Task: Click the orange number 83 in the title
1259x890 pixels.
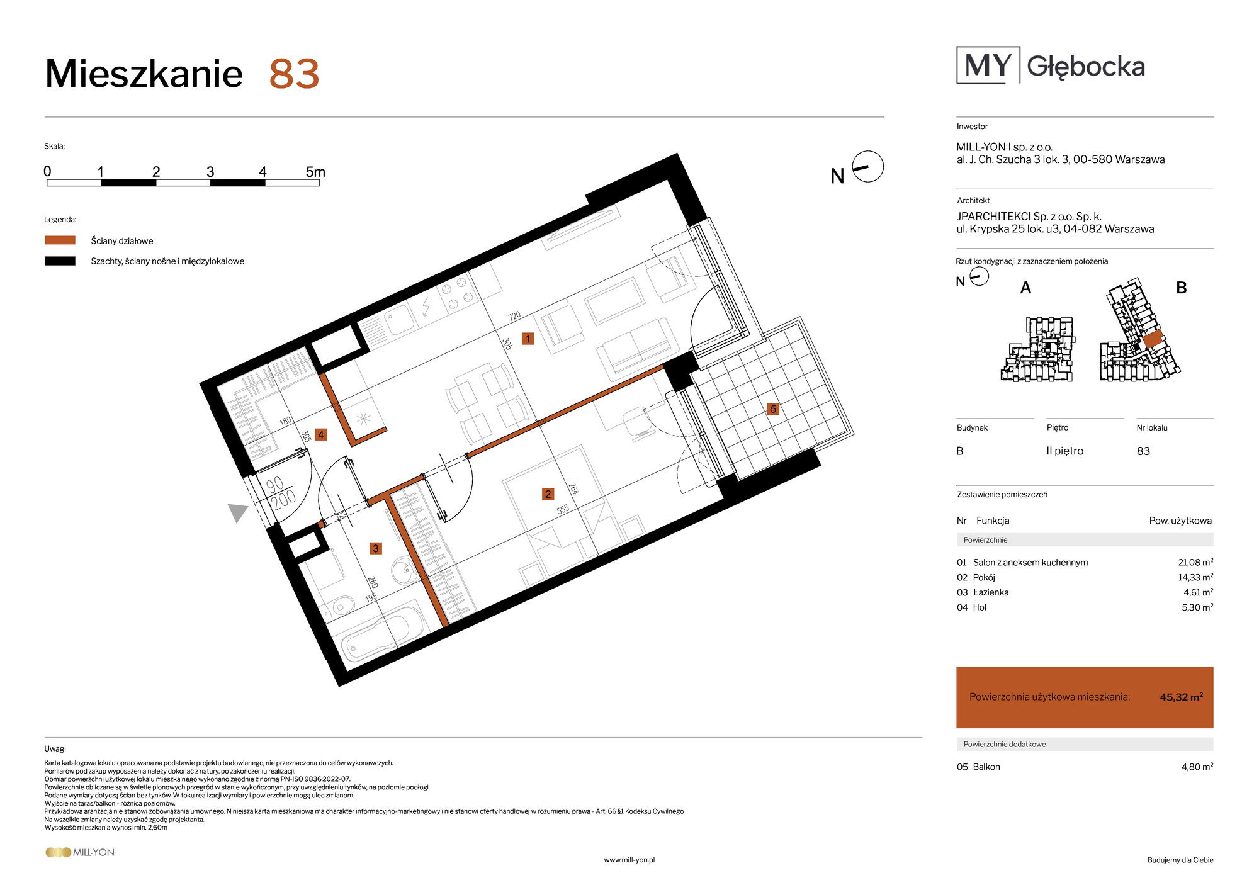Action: pos(294,74)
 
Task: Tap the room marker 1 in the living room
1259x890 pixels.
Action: pos(528,339)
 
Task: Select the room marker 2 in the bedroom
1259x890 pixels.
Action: pos(548,494)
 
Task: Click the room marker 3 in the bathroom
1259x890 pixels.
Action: pos(376,548)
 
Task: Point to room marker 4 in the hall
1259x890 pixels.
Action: pos(321,434)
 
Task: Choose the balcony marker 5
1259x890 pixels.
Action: pos(774,409)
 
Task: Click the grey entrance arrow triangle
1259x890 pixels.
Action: pos(237,512)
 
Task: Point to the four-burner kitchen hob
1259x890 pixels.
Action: pos(456,293)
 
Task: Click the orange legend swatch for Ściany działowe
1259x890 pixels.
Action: pos(60,240)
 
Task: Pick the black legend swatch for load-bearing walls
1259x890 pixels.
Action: pos(60,261)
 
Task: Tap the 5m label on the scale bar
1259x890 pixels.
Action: pos(315,172)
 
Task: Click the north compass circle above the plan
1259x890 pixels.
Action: pos(868,167)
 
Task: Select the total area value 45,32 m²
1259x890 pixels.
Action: pos(1182,697)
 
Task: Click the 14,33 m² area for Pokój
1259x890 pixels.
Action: pos(1195,577)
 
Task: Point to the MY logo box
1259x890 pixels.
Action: pos(988,65)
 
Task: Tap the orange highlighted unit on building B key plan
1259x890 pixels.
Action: pos(1153,340)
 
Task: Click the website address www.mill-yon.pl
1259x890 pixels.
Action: pos(629,860)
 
